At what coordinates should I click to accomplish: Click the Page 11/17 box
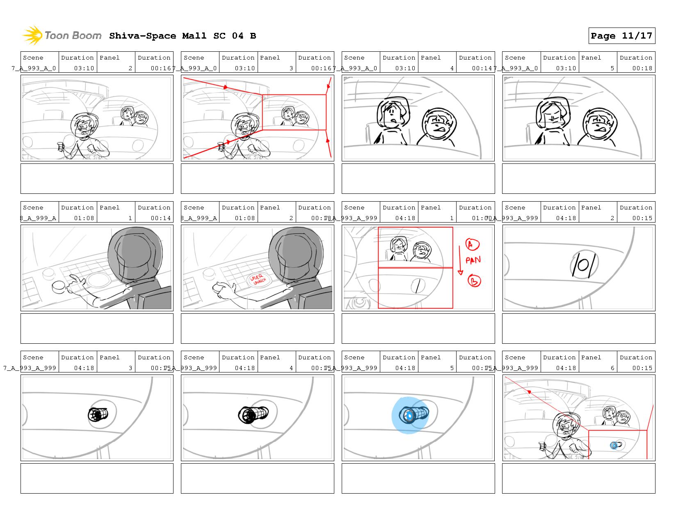tap(621, 36)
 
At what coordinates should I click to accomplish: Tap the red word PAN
tap(473, 260)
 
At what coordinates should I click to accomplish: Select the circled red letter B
tap(474, 281)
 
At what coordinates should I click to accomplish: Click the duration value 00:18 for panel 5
tap(642, 68)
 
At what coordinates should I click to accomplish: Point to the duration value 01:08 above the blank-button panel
tap(84, 218)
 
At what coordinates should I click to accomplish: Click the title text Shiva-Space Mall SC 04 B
tap(183, 36)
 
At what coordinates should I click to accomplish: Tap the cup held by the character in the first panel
tap(60, 146)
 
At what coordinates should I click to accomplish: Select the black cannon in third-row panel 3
tap(98, 414)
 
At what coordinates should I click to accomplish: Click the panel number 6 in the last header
tap(612, 368)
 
